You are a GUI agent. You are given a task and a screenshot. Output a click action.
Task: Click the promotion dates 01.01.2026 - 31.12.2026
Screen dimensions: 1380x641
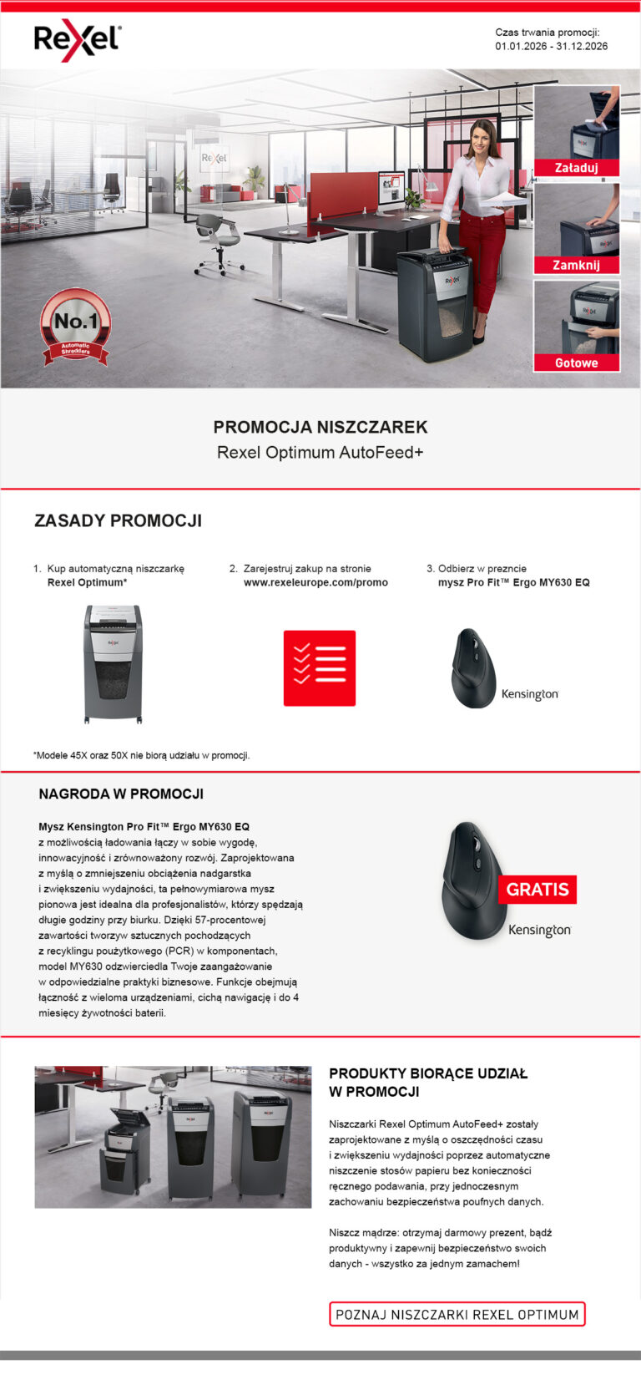point(551,46)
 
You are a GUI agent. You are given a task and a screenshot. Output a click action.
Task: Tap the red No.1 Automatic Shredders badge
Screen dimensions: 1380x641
point(76,326)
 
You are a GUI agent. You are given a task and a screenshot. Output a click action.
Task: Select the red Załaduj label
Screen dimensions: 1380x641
point(576,168)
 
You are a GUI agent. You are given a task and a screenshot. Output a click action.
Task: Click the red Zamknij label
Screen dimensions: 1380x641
point(576,266)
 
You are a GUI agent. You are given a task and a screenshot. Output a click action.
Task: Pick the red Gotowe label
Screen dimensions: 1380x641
point(576,363)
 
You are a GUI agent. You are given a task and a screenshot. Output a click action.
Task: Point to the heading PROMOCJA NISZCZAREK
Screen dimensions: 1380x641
point(320,427)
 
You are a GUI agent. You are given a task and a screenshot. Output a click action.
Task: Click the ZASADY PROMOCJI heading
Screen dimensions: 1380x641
point(118,520)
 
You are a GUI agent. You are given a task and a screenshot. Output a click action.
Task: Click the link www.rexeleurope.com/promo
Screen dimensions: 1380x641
point(315,582)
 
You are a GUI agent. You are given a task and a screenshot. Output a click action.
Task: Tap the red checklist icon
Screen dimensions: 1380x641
point(320,668)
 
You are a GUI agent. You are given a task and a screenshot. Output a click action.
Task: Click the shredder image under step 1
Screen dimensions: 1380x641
point(113,664)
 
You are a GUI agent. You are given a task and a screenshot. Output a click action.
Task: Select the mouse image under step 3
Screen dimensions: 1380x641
point(474,668)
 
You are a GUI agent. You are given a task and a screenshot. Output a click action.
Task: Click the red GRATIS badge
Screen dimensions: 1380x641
point(537,890)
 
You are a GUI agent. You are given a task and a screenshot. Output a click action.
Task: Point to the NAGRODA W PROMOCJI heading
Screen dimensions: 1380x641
point(121,794)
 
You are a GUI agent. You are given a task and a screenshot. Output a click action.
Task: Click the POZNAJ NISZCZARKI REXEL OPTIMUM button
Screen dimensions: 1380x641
point(457,1314)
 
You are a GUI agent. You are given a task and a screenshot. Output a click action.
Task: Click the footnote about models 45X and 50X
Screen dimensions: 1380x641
point(141,755)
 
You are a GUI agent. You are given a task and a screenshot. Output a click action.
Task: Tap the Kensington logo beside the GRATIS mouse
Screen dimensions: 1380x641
point(539,930)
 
